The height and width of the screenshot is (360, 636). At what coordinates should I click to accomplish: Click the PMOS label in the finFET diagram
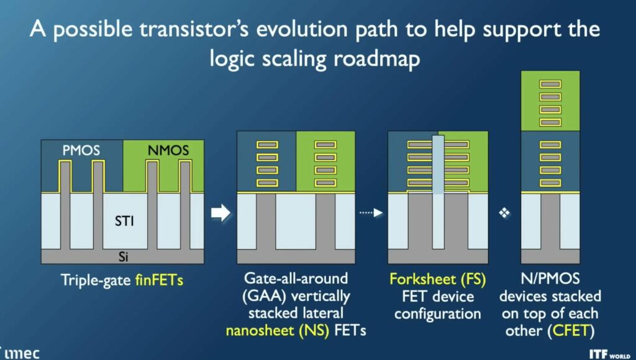point(81,151)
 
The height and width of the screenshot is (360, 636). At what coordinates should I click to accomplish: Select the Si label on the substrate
point(123,256)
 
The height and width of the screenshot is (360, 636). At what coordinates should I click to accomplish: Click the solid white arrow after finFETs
point(220,213)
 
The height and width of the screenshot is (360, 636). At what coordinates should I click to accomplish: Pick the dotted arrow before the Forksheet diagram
point(371,213)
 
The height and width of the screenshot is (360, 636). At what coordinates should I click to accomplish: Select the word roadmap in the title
point(386,59)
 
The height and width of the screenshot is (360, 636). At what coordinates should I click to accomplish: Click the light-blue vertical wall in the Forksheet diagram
point(438,180)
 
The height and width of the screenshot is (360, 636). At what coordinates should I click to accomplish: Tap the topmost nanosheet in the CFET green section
point(550,83)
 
